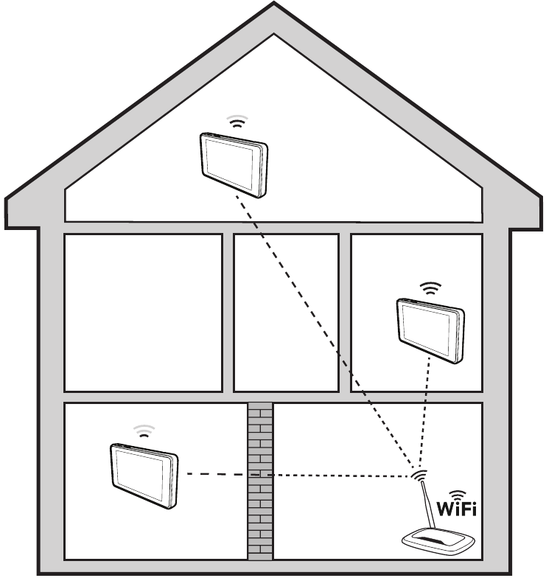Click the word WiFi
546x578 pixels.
coord(456,510)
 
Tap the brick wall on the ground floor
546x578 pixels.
coord(259,479)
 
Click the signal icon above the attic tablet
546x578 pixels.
coord(236,122)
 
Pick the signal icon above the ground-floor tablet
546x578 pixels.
coord(144,430)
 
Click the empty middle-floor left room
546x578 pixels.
coord(144,313)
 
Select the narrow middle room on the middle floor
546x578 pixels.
coord(286,313)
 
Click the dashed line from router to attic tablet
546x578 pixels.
coord(324,332)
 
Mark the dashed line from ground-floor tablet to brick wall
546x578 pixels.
coord(214,473)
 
